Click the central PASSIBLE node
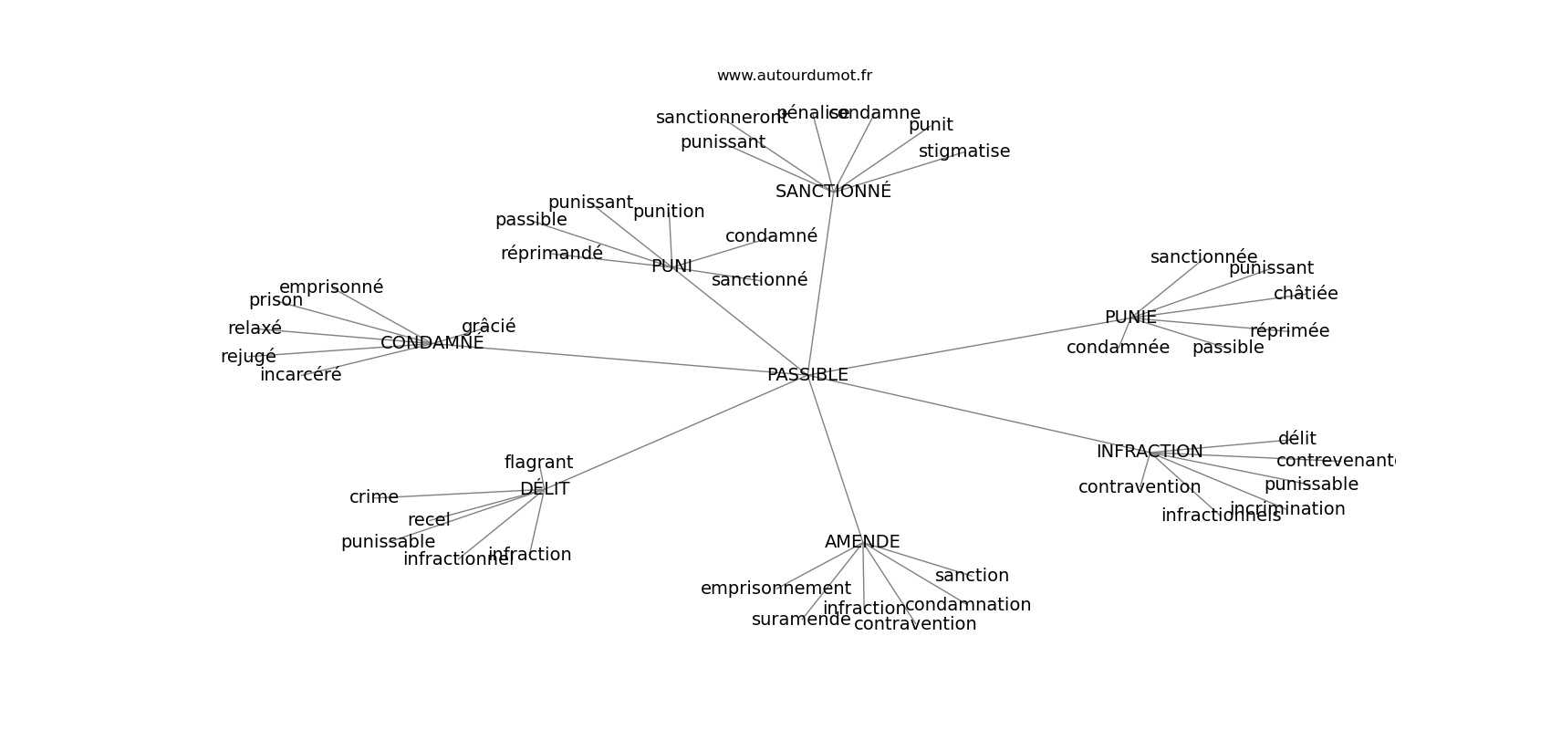point(807,375)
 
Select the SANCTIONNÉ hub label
point(833,192)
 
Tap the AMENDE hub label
point(862,542)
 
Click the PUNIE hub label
point(1130,318)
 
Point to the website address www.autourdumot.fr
point(794,76)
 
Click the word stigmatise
point(964,151)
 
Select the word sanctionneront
point(721,118)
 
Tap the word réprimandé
point(552,254)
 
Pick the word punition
point(669,212)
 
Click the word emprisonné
point(331,287)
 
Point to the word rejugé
point(248,357)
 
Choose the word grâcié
point(488,326)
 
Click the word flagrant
point(538,463)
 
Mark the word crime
point(374,497)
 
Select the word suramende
point(801,620)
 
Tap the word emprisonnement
point(775,589)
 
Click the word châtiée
point(1306,294)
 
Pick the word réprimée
point(1289,331)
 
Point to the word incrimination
point(1287,509)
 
